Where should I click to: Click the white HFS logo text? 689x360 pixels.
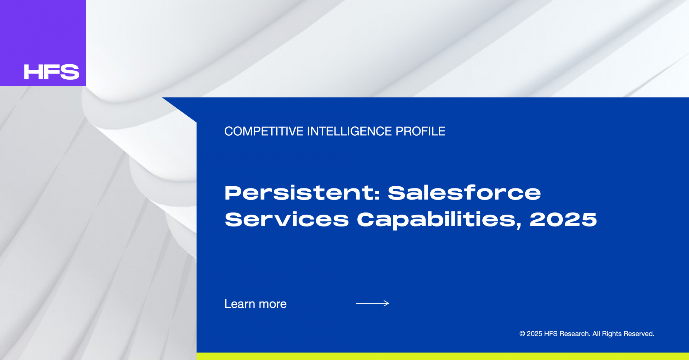click(51, 72)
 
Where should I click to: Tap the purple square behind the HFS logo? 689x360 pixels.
click(43, 43)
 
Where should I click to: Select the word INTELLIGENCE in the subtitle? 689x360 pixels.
click(350, 131)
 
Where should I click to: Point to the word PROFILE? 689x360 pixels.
click(420, 131)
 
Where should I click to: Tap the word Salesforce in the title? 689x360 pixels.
click(464, 193)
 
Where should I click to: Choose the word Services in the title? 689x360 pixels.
click(287, 219)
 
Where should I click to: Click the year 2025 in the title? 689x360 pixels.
click(563, 219)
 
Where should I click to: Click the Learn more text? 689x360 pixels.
click(256, 304)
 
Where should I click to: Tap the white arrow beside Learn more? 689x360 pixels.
click(372, 303)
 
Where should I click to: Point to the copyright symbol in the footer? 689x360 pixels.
click(522, 334)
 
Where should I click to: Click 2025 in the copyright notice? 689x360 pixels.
click(534, 334)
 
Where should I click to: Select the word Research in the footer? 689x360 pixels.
click(575, 334)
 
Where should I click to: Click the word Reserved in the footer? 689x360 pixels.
click(639, 334)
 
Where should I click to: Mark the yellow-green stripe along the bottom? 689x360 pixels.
click(443, 356)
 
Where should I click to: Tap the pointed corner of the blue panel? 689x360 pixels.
click(163, 98)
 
